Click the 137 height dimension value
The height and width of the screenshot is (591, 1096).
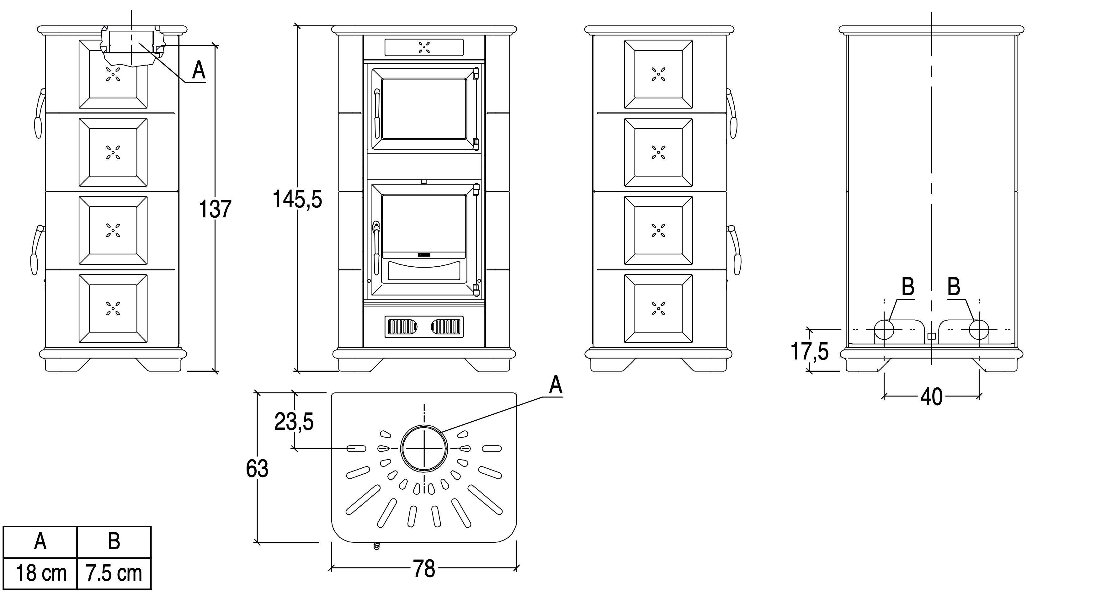[215, 209]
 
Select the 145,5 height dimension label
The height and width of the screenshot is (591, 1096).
[297, 199]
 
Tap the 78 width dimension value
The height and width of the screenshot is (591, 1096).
[424, 569]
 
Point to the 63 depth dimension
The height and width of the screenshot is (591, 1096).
[257, 468]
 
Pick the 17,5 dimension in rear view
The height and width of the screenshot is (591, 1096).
[810, 351]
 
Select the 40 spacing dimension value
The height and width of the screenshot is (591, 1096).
[931, 397]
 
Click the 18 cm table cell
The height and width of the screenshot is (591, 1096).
[41, 573]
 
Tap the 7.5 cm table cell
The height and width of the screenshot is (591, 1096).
[114, 573]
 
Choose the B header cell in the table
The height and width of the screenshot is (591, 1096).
[114, 541]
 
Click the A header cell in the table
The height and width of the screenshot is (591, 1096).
[40, 541]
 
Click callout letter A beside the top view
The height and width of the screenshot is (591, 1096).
[556, 385]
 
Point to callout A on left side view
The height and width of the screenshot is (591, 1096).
[199, 70]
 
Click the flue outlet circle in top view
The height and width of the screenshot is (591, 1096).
[424, 449]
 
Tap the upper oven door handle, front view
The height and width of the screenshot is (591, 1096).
[376, 111]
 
